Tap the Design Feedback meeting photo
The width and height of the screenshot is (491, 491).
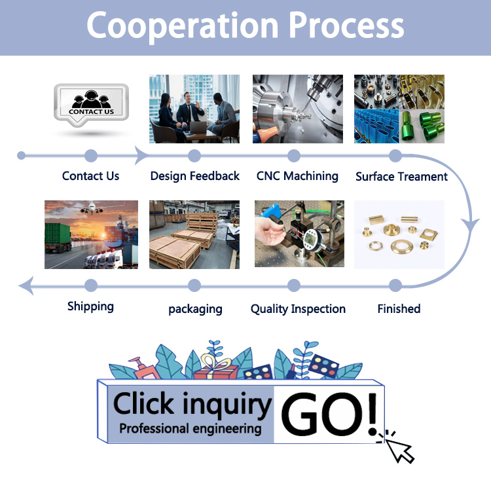click(194, 109)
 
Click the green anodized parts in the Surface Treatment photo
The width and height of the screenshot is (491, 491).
click(422, 125)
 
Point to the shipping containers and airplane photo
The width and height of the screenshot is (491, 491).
click(91, 234)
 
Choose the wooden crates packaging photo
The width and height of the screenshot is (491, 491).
click(194, 234)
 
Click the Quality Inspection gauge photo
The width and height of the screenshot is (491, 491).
click(298, 234)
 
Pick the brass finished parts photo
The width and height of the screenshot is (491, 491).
click(399, 234)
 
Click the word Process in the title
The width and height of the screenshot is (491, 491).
click(346, 26)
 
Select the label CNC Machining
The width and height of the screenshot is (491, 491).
click(297, 176)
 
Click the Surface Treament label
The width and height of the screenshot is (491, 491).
click(401, 177)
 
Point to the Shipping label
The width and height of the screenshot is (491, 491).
click(90, 306)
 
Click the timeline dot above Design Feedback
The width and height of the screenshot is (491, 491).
click(194, 156)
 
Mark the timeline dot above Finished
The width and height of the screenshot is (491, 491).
click(395, 285)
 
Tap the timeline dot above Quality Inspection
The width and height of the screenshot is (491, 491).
click(294, 285)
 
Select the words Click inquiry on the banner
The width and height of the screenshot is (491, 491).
click(192, 404)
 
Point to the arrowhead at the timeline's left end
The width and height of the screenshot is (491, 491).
click(26, 285)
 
